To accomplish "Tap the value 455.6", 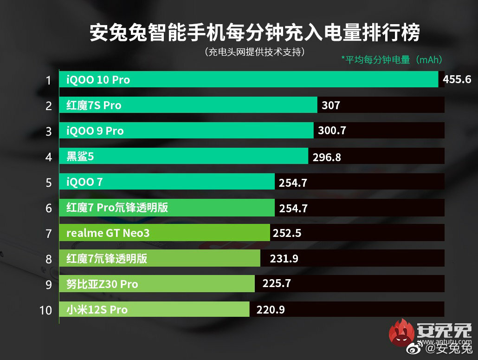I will (x=457, y=79).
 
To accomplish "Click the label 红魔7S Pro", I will (x=94, y=105).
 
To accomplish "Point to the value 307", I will (x=331, y=105).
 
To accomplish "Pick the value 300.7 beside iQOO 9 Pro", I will (x=332, y=131).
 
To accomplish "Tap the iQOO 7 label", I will (x=84, y=182).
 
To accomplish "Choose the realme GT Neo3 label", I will (x=108, y=233).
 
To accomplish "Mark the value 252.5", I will (x=287, y=233).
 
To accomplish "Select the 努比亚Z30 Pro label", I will (x=102, y=284).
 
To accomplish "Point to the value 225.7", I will (x=277, y=283).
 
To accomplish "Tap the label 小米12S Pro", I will (x=97, y=309).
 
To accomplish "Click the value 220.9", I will (x=271, y=309).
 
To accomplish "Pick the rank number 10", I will (x=45, y=310).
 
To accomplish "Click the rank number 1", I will (x=48, y=80).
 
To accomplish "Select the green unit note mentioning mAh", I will (x=391, y=60).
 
